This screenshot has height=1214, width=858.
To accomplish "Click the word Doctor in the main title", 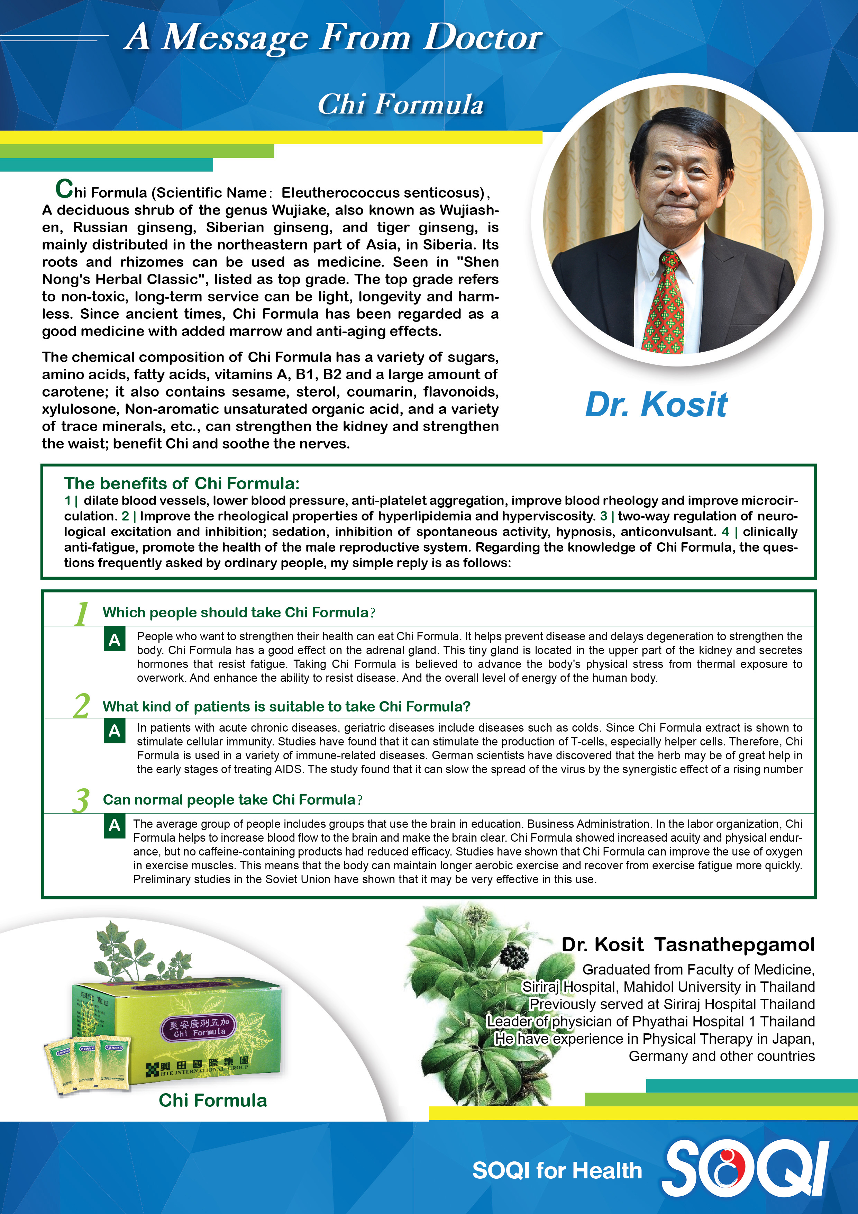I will coord(483,38).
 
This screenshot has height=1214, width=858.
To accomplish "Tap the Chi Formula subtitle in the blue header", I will coord(400,104).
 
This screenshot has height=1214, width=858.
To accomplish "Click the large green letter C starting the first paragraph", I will coord(64,189).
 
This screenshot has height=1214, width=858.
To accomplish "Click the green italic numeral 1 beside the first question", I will coord(81,614).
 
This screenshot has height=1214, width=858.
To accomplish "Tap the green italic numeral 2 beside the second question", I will coord(81,706).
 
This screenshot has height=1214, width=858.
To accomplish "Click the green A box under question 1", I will coord(114,640).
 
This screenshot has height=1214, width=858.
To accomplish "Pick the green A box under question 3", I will coord(114,825).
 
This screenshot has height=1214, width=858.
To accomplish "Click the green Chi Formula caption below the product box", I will coord(212,1100).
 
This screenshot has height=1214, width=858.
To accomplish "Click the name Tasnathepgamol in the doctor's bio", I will coord(734,944).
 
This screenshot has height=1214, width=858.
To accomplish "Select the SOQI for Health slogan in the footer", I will coord(557,1170).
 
